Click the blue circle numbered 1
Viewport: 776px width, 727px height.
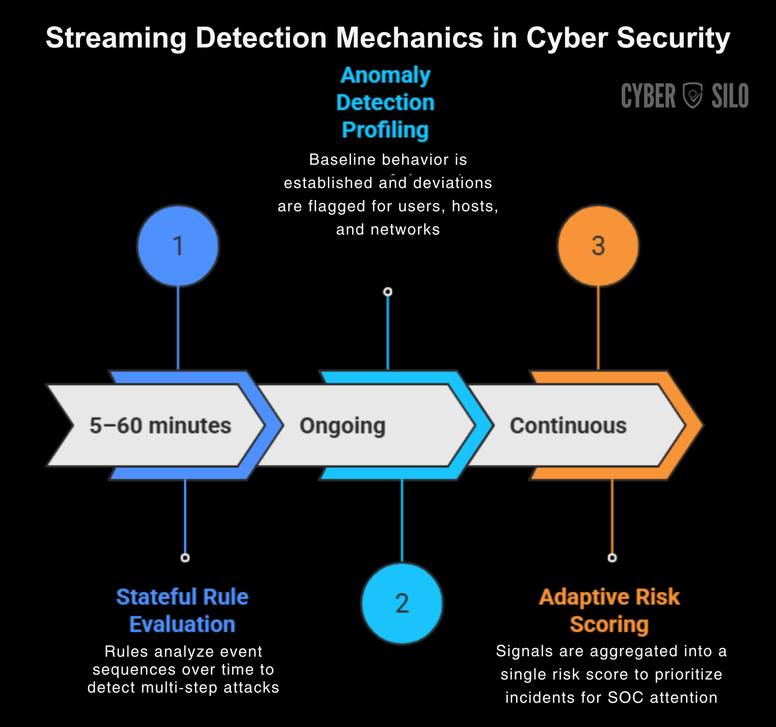tap(178, 246)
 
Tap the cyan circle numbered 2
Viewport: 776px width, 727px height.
tap(402, 603)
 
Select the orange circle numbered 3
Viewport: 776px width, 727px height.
tap(598, 246)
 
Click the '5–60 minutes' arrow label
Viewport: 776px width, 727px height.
tap(161, 426)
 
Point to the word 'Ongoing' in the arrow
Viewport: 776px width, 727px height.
tap(342, 426)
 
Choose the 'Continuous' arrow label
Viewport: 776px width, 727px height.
tap(568, 426)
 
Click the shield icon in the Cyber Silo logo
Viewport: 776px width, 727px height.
tap(693, 95)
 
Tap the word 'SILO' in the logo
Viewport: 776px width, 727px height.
tap(730, 96)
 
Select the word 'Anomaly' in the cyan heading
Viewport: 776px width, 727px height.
tap(386, 75)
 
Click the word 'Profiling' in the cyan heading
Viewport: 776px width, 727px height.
tap(386, 130)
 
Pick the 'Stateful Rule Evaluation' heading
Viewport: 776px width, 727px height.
tap(182, 610)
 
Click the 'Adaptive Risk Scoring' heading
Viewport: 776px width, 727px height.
tap(609, 610)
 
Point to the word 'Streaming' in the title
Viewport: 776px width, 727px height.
tap(116, 38)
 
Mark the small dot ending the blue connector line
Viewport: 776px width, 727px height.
tap(185, 558)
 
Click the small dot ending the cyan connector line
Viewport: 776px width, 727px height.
tap(388, 292)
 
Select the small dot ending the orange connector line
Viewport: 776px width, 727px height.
tap(612, 558)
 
